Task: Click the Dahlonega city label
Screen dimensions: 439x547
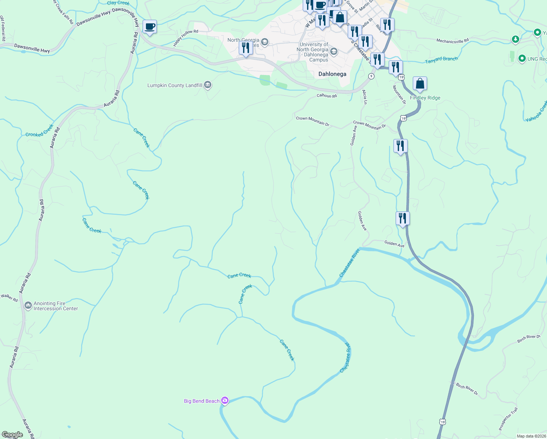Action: [332, 74]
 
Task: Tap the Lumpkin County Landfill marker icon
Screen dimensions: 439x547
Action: [208, 85]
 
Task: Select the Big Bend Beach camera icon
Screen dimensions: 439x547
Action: [225, 401]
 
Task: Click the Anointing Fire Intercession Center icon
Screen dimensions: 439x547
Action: [28, 305]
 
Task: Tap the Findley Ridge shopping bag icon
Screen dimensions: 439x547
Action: [420, 84]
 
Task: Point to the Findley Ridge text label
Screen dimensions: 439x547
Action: [425, 98]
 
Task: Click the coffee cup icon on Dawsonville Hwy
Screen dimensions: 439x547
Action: [150, 27]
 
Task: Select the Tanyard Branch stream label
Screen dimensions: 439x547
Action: [441, 60]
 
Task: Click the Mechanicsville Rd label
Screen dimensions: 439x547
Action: [452, 41]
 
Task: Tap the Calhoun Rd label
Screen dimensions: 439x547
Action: [327, 96]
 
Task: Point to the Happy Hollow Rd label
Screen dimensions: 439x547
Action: [185, 38]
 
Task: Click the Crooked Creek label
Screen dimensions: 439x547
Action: [39, 131]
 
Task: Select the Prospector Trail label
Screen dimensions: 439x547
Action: [508, 419]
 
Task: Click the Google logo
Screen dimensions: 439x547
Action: [12, 435]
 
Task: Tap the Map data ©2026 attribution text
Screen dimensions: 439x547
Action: [531, 436]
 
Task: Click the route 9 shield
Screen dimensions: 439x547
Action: [371, 76]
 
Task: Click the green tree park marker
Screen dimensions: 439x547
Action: [515, 39]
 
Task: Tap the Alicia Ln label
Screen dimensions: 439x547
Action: [365, 97]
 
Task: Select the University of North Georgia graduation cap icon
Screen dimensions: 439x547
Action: [333, 51]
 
